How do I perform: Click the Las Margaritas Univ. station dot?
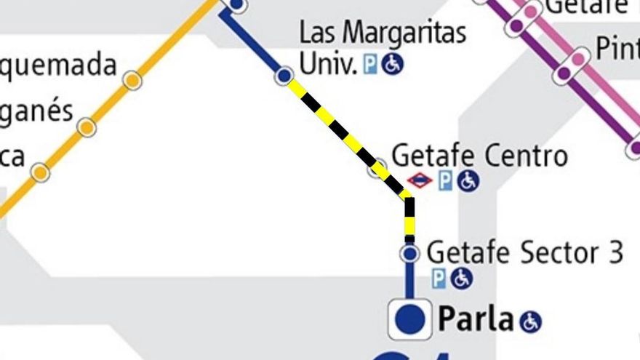coord(284,74)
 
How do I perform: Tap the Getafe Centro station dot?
coord(377,169)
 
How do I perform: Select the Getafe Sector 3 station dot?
coord(410,253)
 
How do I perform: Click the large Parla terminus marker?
coord(410,319)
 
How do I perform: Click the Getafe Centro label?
coord(479,156)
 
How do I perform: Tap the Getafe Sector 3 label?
coord(525,252)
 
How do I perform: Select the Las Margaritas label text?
coord(383,33)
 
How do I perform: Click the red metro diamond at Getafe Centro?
coord(420,180)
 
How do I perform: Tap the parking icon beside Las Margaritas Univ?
coord(370,65)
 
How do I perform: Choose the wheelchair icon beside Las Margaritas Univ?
coord(392,65)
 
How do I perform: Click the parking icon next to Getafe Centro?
coord(445,180)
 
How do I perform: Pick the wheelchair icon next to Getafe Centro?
coord(468,180)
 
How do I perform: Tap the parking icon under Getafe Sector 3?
coord(439,278)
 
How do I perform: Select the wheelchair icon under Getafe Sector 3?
coord(461,278)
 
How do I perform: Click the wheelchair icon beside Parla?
coord(530,321)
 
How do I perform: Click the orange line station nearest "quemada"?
coord(132,80)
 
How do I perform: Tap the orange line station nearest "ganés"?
coord(87,127)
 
